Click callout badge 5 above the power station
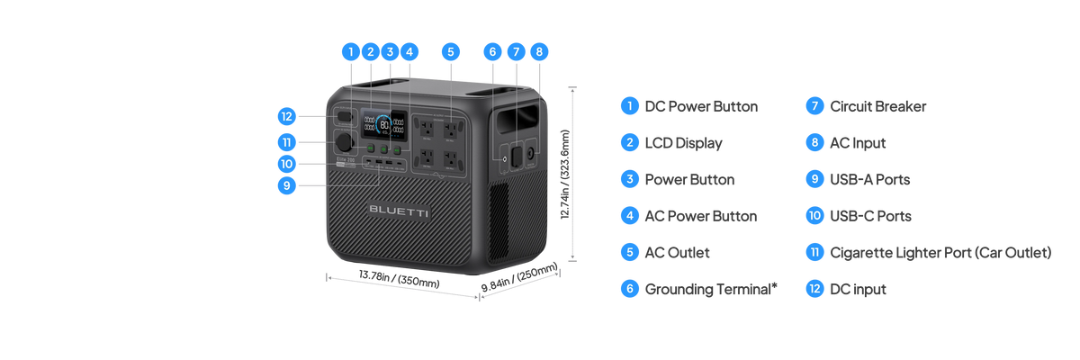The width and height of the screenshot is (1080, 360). tap(451, 51)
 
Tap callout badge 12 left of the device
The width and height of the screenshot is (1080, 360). tap(286, 116)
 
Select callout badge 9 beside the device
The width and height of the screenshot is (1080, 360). tap(286, 185)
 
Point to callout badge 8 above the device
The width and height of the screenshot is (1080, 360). tap(538, 51)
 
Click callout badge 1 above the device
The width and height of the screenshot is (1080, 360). tap(351, 51)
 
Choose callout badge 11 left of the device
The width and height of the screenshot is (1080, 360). tap(286, 142)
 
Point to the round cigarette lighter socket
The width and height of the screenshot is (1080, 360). tap(345, 144)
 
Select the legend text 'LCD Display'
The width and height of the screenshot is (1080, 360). tap(684, 142)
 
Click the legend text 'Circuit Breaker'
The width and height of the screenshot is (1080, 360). tap(877, 106)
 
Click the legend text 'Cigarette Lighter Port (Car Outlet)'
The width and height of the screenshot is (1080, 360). tap(940, 252)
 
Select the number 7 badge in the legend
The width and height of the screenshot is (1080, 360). tap(814, 106)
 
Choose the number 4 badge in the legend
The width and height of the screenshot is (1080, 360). tap(629, 216)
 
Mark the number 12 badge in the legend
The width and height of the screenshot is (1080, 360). tap(814, 289)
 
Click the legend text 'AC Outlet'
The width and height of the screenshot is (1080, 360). tap(678, 252)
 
